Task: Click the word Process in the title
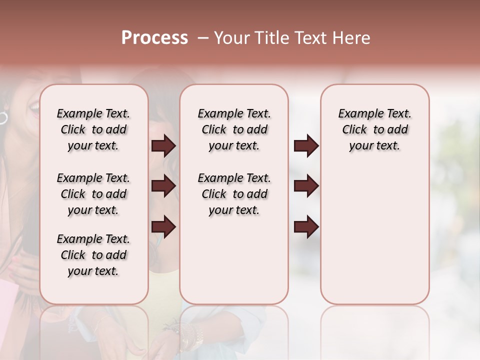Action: [154, 38]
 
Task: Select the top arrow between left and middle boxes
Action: [163, 146]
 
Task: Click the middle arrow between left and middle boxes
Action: [163, 186]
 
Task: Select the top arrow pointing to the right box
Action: [306, 146]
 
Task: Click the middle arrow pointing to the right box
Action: [306, 186]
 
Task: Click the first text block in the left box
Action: [93, 129]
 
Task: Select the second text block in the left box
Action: [93, 194]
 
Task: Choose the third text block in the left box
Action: [93, 255]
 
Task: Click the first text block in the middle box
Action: [234, 129]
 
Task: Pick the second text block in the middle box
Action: [234, 194]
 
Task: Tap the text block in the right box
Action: [374, 129]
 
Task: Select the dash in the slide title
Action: [202, 38]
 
